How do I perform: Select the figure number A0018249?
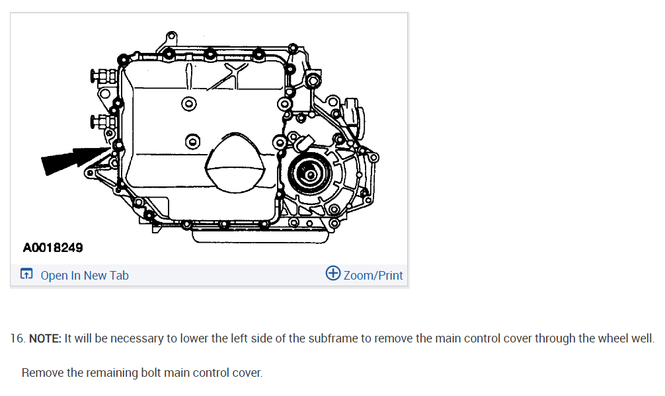click(53, 248)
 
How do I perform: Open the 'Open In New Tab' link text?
click(85, 275)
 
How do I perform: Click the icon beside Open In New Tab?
click(26, 274)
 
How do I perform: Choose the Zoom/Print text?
click(373, 275)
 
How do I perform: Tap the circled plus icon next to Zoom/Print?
click(333, 274)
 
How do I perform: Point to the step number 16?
click(17, 338)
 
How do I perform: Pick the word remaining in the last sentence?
click(112, 373)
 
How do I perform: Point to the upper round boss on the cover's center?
click(189, 103)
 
